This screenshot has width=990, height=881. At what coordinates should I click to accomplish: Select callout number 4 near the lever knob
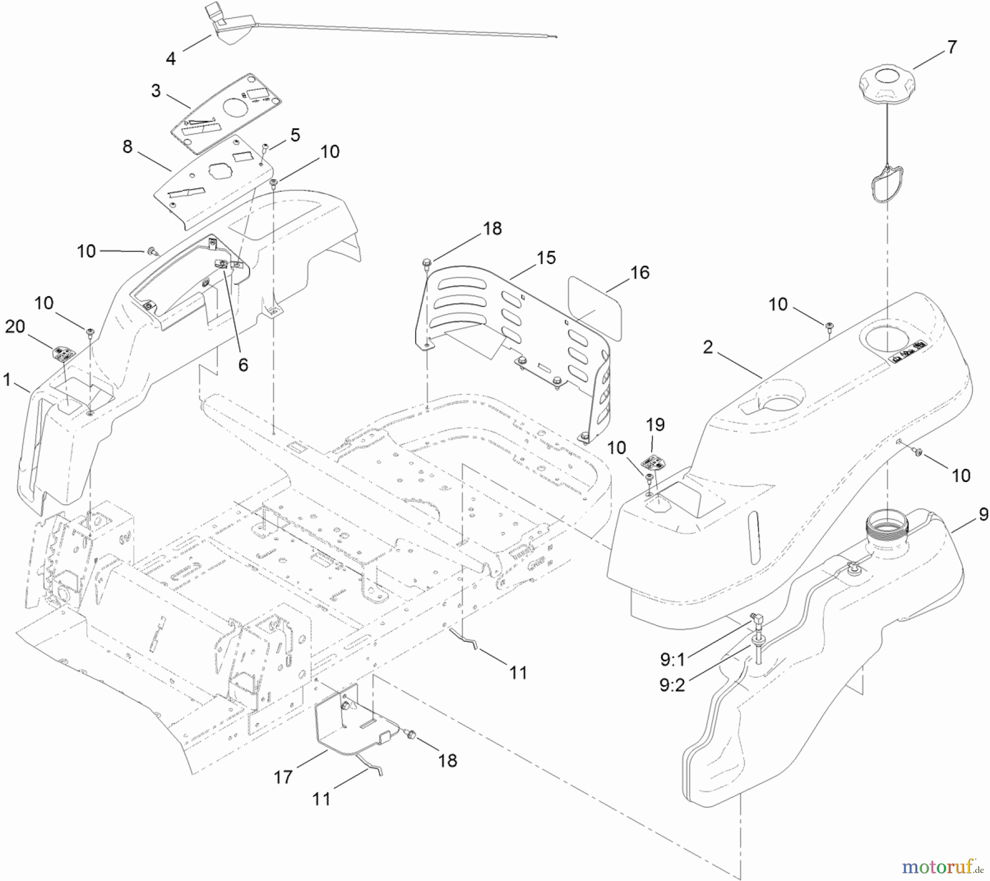pyautogui.click(x=171, y=58)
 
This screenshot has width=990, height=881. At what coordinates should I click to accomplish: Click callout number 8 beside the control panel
pyautogui.click(x=128, y=146)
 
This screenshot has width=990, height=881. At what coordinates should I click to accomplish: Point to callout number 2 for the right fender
pyautogui.click(x=708, y=347)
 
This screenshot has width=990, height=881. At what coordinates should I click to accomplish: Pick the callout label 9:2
pyautogui.click(x=672, y=685)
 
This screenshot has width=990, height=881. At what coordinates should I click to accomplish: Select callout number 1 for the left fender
pyautogui.click(x=7, y=379)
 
